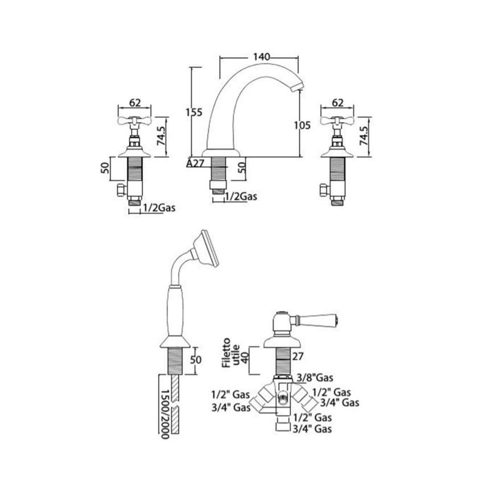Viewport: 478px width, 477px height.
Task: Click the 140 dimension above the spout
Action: click(262, 57)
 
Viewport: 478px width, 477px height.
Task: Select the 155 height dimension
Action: click(194, 113)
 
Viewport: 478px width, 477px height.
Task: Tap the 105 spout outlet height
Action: click(302, 125)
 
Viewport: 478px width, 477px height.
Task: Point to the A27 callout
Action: click(195, 163)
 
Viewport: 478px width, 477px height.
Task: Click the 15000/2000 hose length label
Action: click(165, 414)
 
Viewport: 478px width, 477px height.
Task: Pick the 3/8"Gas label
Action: click(315, 378)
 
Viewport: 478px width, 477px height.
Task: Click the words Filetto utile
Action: click(232, 352)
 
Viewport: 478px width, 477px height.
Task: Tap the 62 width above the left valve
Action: click(135, 103)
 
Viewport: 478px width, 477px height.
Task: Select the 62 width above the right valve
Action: click(337, 103)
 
